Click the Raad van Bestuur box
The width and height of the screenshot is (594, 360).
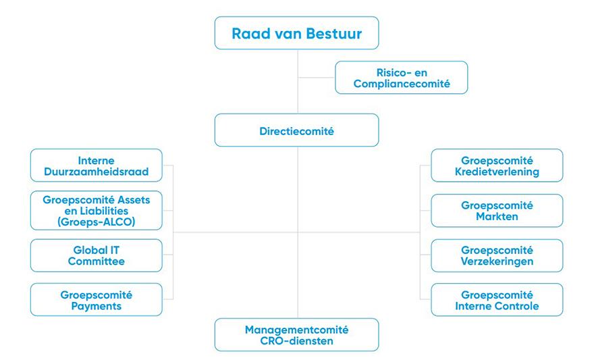pos(296,33)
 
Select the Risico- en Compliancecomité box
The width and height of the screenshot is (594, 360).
pos(401,78)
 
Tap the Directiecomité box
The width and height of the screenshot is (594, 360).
pos(296,130)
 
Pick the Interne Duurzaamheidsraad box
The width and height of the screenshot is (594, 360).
pos(97,166)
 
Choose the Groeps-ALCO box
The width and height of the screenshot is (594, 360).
pos(97,211)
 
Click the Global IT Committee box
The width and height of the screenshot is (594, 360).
pos(97,255)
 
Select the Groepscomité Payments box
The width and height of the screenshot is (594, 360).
pos(97,300)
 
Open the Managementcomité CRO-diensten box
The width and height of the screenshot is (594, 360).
pos(296,335)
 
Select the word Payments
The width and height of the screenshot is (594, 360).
pos(97,306)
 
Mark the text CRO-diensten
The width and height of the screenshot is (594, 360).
pos(296,341)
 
